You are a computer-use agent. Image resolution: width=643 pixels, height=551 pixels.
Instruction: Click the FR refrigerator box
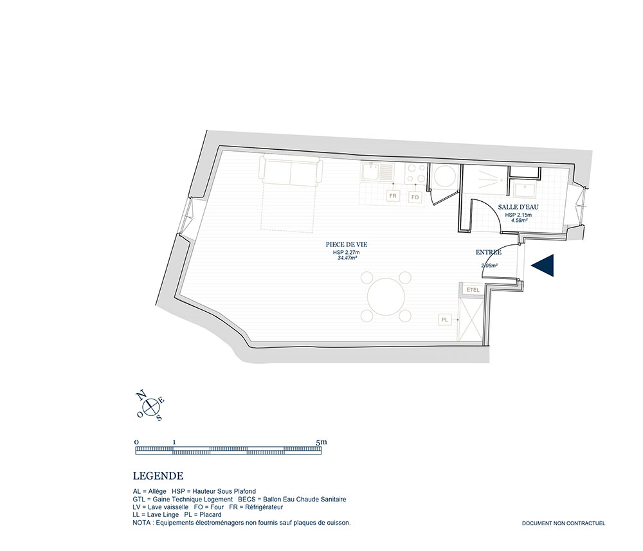(394, 196)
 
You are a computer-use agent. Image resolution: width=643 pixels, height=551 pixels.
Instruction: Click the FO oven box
(415, 197)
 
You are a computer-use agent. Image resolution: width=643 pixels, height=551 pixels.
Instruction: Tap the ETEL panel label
(473, 290)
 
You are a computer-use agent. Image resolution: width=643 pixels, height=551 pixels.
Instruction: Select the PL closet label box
(444, 320)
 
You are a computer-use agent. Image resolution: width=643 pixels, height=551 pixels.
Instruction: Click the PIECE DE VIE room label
(347, 245)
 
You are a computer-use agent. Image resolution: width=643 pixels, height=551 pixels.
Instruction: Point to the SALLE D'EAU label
(518, 208)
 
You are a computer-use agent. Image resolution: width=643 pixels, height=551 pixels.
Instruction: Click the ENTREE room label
(489, 253)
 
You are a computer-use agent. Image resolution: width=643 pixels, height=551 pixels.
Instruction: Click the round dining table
(386, 296)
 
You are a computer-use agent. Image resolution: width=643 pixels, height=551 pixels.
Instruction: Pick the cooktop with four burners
(416, 173)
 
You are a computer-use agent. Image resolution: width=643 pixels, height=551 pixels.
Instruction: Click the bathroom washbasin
(523, 190)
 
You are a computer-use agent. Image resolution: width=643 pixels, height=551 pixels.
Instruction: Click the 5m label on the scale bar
(321, 442)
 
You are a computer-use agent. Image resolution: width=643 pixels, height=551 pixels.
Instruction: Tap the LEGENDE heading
(158, 476)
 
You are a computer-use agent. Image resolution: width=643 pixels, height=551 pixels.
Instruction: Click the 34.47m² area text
(346, 258)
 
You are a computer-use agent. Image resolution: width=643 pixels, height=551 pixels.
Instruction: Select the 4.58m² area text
(519, 220)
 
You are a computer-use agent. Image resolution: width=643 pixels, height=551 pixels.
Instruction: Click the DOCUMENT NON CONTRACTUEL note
(563, 523)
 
